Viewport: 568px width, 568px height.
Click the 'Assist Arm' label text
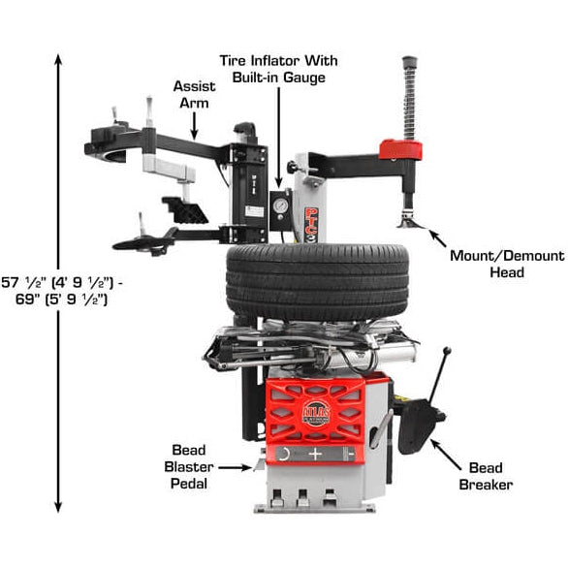(x=194, y=94)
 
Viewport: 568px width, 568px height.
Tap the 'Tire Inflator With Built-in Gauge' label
(x=279, y=68)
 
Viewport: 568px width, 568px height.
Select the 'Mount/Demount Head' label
(x=506, y=264)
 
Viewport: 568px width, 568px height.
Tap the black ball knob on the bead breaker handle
(x=448, y=352)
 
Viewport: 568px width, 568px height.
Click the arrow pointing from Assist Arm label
(x=195, y=123)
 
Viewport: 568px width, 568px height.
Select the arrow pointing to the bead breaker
(x=443, y=451)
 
